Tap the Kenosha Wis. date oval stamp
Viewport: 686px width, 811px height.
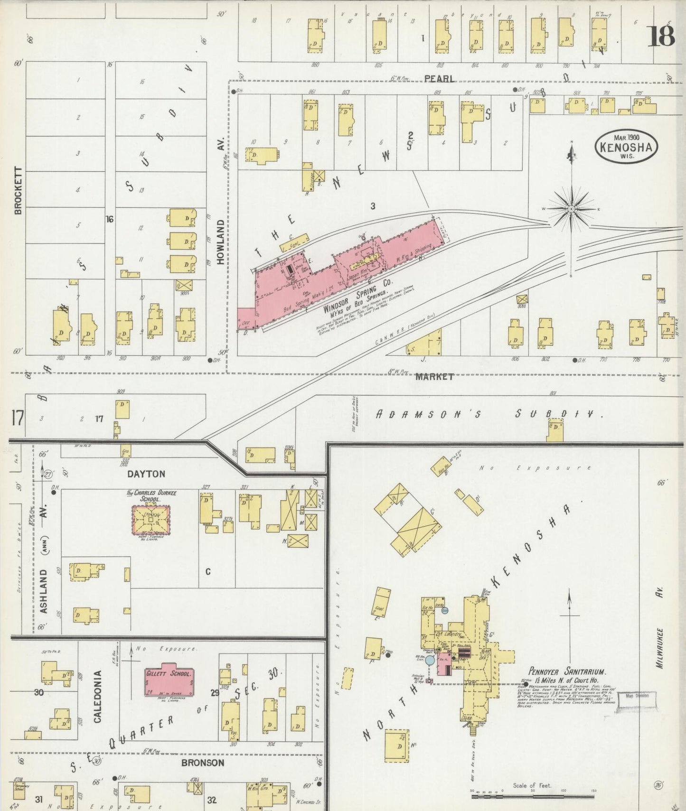(626, 147)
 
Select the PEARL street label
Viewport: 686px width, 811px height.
(439, 78)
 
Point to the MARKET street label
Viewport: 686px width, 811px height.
(434, 377)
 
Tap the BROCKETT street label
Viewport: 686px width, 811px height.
(19, 190)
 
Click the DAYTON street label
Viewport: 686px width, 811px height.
(146, 474)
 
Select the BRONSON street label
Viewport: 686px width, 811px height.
(202, 763)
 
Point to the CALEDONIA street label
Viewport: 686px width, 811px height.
(98, 696)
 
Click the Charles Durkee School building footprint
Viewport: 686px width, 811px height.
(150, 520)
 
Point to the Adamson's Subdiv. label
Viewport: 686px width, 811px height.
(489, 414)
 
